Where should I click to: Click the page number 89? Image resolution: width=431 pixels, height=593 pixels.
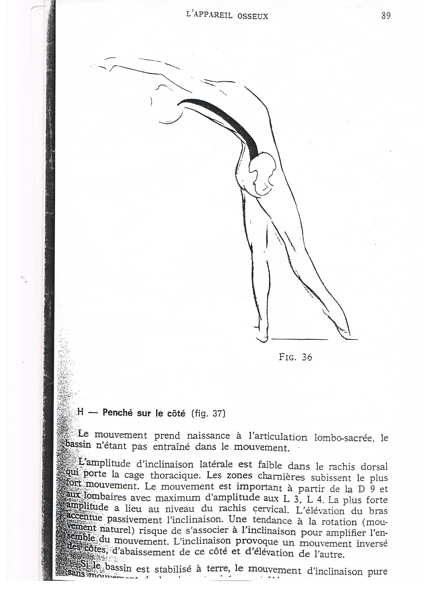point(386,16)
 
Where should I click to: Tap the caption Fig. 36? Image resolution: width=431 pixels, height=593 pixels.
point(295,357)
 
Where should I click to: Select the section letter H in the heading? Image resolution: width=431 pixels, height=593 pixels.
point(81,412)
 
